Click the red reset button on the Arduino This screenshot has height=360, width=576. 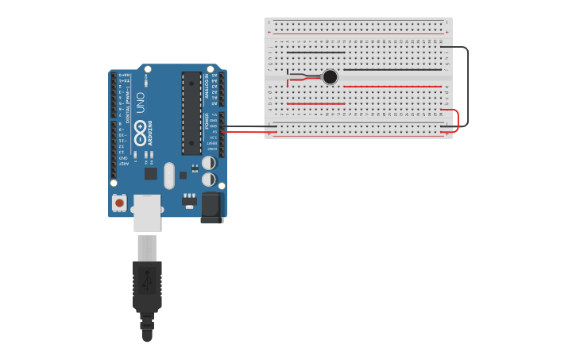(119, 203)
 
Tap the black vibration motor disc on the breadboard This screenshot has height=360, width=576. (330, 77)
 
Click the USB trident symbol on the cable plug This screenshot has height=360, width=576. (147, 280)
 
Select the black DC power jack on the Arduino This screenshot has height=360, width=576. (211, 207)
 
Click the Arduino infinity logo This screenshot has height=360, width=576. (141, 127)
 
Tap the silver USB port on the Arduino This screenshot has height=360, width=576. (146, 212)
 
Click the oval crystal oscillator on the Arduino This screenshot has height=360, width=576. (168, 176)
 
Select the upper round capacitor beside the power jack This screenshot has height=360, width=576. (208, 163)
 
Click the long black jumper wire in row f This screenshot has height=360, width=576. (392, 70)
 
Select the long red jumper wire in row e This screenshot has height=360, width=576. (392, 86)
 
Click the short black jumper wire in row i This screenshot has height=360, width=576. (315, 52)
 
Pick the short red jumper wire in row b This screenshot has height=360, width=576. (315, 103)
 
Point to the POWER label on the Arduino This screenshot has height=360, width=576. (207, 122)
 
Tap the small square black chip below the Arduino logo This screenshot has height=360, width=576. (150, 173)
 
